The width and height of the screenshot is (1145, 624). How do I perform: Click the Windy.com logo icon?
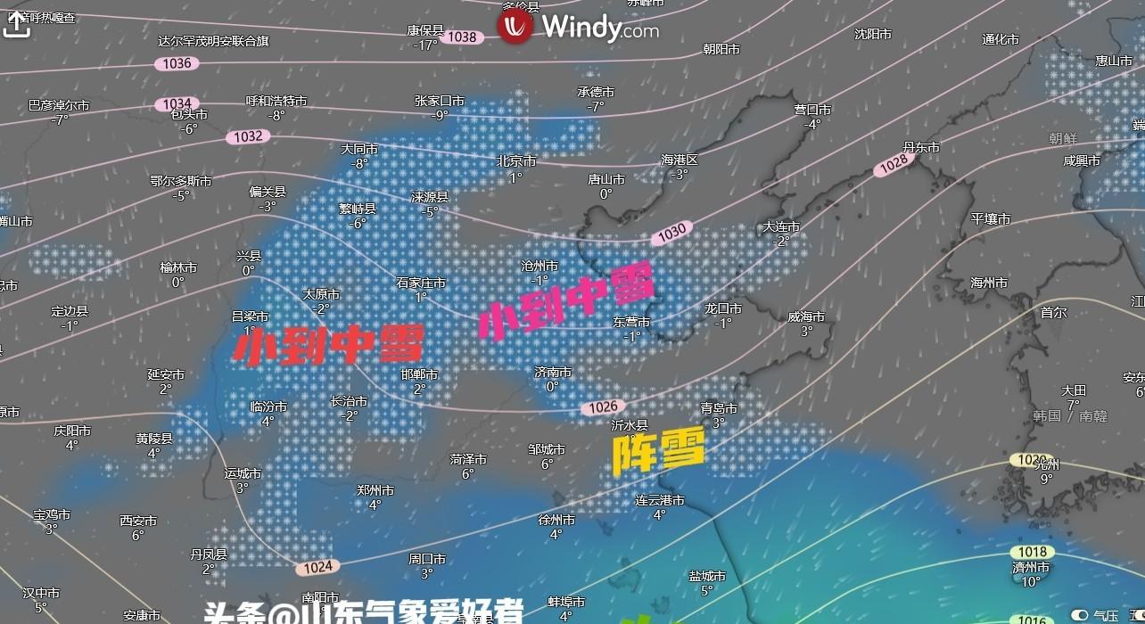point(515,27)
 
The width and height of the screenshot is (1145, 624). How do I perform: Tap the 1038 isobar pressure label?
point(462,37)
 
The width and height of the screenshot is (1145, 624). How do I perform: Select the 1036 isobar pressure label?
point(177,63)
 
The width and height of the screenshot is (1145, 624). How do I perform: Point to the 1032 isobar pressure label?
point(248,136)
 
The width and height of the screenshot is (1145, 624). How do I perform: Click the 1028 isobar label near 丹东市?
point(894,163)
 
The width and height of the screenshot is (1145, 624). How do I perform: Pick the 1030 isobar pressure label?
point(671,231)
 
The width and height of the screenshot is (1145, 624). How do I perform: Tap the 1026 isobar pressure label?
point(603,407)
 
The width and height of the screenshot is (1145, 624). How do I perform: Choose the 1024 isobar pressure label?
point(317,566)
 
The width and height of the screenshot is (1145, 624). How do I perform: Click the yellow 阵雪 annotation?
point(658,450)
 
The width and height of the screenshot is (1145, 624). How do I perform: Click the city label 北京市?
point(516,161)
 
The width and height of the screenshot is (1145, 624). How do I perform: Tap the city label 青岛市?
point(719,408)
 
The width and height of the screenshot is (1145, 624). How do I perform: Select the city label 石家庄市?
point(421,283)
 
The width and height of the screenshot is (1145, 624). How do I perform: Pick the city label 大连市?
point(782,227)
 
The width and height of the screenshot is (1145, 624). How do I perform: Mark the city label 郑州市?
point(375,490)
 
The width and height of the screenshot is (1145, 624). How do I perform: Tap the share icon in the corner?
point(16,24)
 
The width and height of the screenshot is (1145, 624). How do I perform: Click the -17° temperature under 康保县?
point(425,45)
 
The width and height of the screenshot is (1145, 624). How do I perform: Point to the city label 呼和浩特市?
point(276,102)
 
